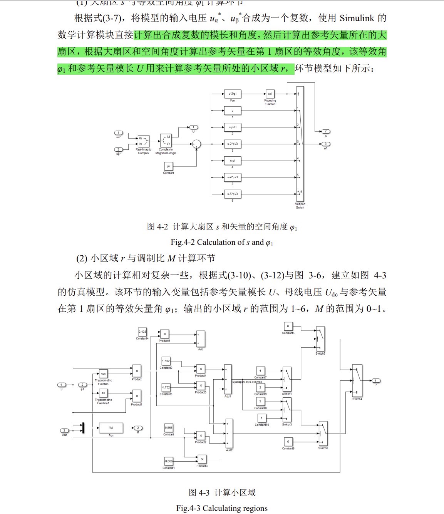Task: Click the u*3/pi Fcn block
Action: click(232, 94)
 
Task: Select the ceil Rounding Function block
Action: click(270, 94)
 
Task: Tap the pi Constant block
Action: click(168, 166)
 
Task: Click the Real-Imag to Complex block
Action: click(143, 141)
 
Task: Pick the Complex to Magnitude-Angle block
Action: click(166, 141)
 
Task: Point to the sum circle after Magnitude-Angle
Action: click(196, 144)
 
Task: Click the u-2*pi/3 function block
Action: click(232, 144)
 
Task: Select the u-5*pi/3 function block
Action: click(232, 194)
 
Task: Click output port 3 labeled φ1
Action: click(325, 144)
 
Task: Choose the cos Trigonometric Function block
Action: click(103, 373)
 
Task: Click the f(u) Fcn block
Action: click(111, 428)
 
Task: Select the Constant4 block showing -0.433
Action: click(142, 332)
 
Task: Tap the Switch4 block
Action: click(357, 380)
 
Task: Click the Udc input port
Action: click(64, 430)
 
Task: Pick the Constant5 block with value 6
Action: click(288, 326)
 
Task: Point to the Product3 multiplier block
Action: click(202, 459)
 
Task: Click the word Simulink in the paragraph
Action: click(357, 18)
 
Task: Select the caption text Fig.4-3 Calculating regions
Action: click(222, 508)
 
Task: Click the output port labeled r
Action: click(376, 381)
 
